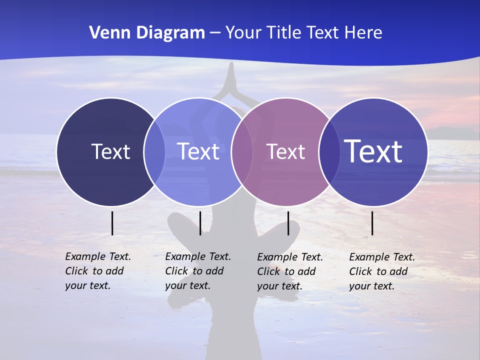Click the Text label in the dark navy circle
[110, 151]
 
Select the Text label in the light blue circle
[198, 151]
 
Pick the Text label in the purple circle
[285, 151]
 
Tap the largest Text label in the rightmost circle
[373, 151]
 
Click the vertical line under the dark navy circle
[112, 223]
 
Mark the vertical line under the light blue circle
[200, 223]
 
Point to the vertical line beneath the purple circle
[288, 223]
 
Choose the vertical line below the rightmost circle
[372, 223]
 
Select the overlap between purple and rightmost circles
[328, 151]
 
